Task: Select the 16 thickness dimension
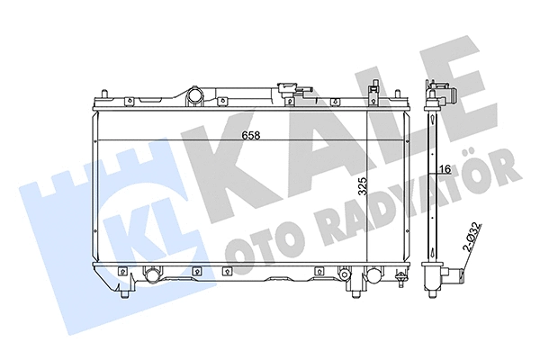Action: [445, 168]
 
